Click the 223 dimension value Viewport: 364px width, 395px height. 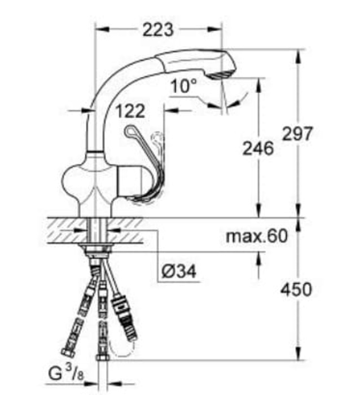157,29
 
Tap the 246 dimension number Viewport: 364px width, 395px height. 258,148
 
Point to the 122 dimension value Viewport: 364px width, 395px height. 130,111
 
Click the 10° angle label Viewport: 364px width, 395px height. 185,86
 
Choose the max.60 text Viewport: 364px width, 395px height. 257,236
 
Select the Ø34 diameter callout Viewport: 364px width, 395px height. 178,272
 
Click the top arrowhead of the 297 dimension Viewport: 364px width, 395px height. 297,54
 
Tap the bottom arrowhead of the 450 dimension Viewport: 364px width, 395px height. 297,355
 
